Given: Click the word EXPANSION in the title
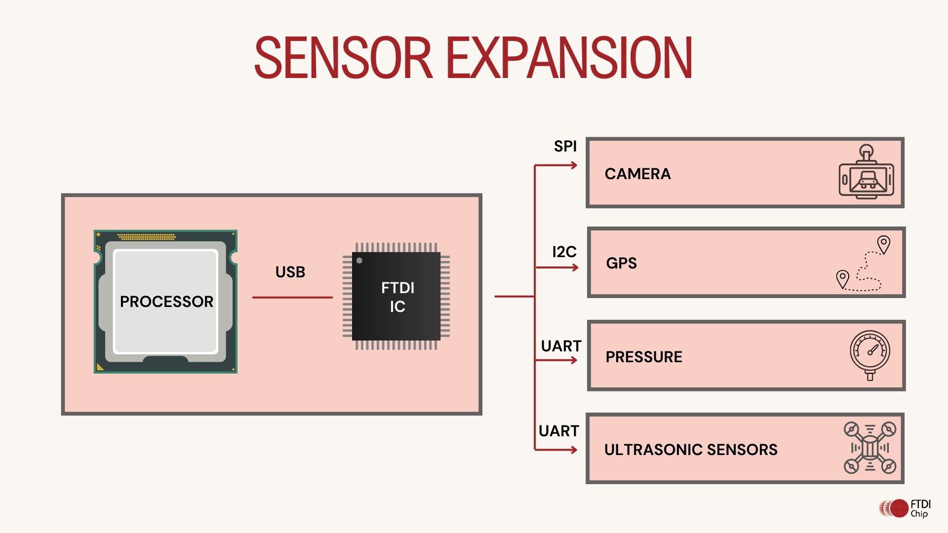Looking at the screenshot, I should point(569,58).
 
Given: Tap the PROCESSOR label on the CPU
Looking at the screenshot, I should point(166,302).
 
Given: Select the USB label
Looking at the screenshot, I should point(290,272).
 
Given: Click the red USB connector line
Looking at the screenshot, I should point(292,298).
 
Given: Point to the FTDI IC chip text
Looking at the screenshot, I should point(397,297).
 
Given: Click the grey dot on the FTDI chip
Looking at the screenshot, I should point(359,261).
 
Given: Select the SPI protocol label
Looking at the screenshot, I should point(565,147).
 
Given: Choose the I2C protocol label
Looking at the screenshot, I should point(564,252).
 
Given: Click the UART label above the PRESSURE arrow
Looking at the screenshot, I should point(561,346).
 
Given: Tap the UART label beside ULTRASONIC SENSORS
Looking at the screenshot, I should point(558,431).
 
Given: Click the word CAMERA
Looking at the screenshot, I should point(637,174).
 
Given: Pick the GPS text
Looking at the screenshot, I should point(621,263).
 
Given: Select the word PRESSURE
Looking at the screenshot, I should point(644,357).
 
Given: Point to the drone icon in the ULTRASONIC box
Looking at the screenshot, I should point(870,448).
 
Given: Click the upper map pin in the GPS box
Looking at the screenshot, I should point(883,244).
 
